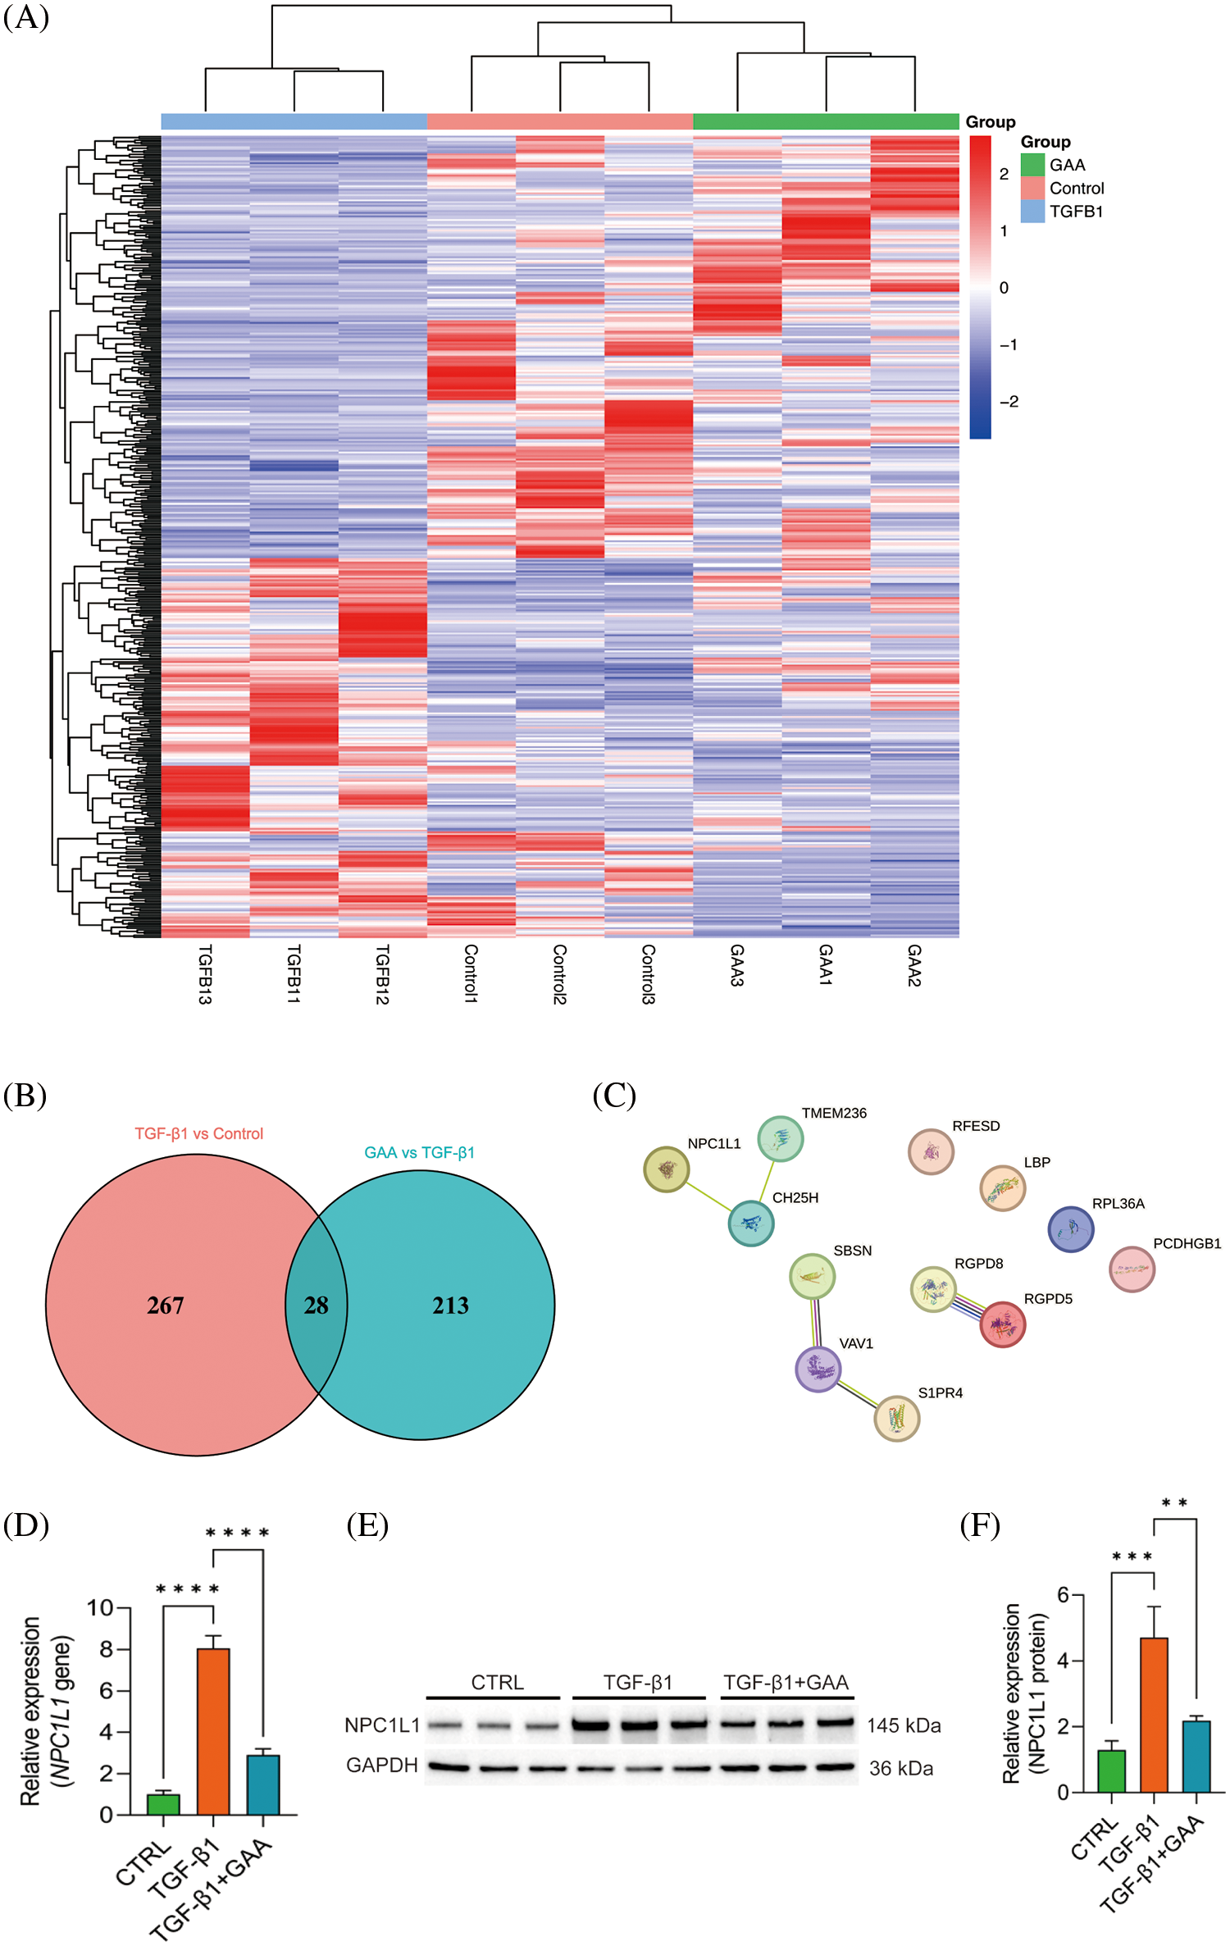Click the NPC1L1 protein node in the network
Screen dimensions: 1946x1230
pos(666,1169)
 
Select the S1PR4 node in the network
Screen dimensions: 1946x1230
pos(896,1418)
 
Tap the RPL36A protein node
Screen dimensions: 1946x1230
pos(1070,1229)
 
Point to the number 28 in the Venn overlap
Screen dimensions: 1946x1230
pos(316,1306)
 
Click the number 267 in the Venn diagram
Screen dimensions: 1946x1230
pos(165,1306)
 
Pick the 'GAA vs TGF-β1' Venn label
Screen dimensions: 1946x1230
pos(419,1152)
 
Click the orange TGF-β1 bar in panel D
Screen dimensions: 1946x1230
pos(213,1731)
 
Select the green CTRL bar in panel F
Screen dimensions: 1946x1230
pos(1112,1771)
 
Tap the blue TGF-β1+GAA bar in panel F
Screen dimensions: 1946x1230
pos(1196,1757)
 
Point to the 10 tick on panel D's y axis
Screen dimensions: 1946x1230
pos(100,1608)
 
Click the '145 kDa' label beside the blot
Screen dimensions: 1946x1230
pos(904,1725)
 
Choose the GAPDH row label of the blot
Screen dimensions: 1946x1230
pos(382,1765)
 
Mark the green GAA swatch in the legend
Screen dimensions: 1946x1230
pos(1032,165)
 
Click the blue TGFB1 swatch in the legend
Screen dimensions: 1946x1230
pos(1032,212)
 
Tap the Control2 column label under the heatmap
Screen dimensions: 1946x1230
pos(560,973)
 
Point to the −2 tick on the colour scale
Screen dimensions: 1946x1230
pos(1009,402)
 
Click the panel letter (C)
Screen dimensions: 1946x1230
pos(614,1096)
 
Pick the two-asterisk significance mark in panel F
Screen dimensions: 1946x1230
pos(1174,1503)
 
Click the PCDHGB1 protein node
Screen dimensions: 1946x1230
pos(1132,1269)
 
